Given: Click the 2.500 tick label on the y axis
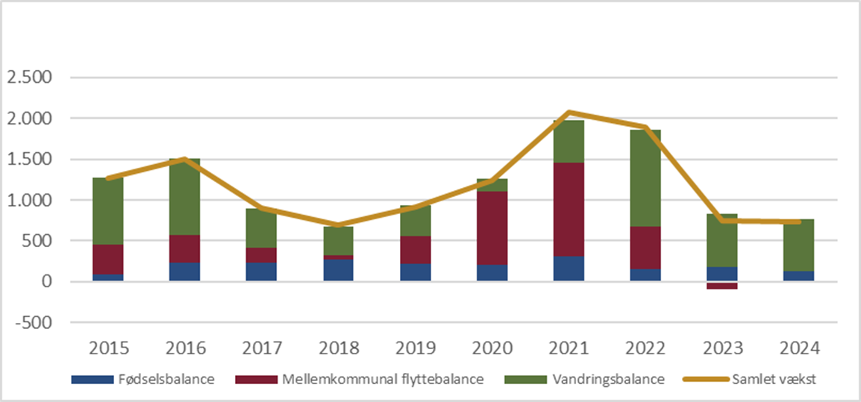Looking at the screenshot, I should point(28,78).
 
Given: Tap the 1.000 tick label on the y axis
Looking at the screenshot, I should point(28,201).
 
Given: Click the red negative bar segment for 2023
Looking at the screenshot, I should point(723,286).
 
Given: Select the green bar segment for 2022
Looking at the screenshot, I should point(646,178).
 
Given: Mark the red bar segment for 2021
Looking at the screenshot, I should point(569,210).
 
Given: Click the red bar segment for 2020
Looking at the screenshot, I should point(492,228).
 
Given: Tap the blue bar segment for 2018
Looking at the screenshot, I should point(339,270).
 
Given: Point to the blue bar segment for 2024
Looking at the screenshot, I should point(800,276).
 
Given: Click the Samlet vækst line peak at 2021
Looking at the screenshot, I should point(569,112).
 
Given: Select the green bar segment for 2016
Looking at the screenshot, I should point(185,197).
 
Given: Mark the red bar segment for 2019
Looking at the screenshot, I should point(416,250).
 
